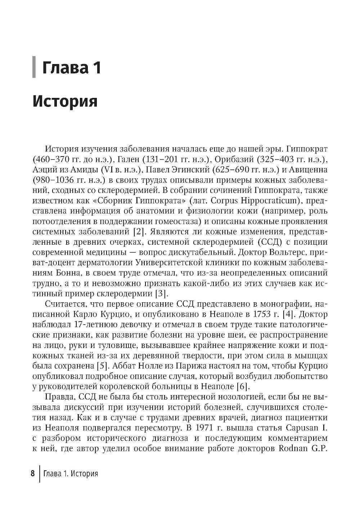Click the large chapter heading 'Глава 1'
pyautogui.click(x=72, y=68)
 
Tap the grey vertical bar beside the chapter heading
pyautogui.click(x=34, y=67)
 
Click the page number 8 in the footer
pyautogui.click(x=32, y=483)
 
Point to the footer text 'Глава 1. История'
pyautogui.click(x=70, y=483)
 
